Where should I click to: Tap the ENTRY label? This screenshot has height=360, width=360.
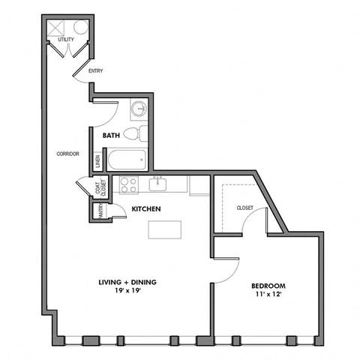95,71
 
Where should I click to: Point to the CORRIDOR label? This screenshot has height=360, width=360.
67,154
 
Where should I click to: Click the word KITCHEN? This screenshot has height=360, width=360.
146,209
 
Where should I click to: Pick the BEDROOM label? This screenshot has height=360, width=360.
268,286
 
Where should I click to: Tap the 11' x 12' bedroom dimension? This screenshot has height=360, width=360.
268,295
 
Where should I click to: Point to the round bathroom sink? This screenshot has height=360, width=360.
138,109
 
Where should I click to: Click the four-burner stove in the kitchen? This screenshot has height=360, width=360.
128,184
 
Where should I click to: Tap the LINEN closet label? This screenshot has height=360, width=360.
97,160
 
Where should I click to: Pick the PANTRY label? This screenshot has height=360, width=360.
97,212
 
